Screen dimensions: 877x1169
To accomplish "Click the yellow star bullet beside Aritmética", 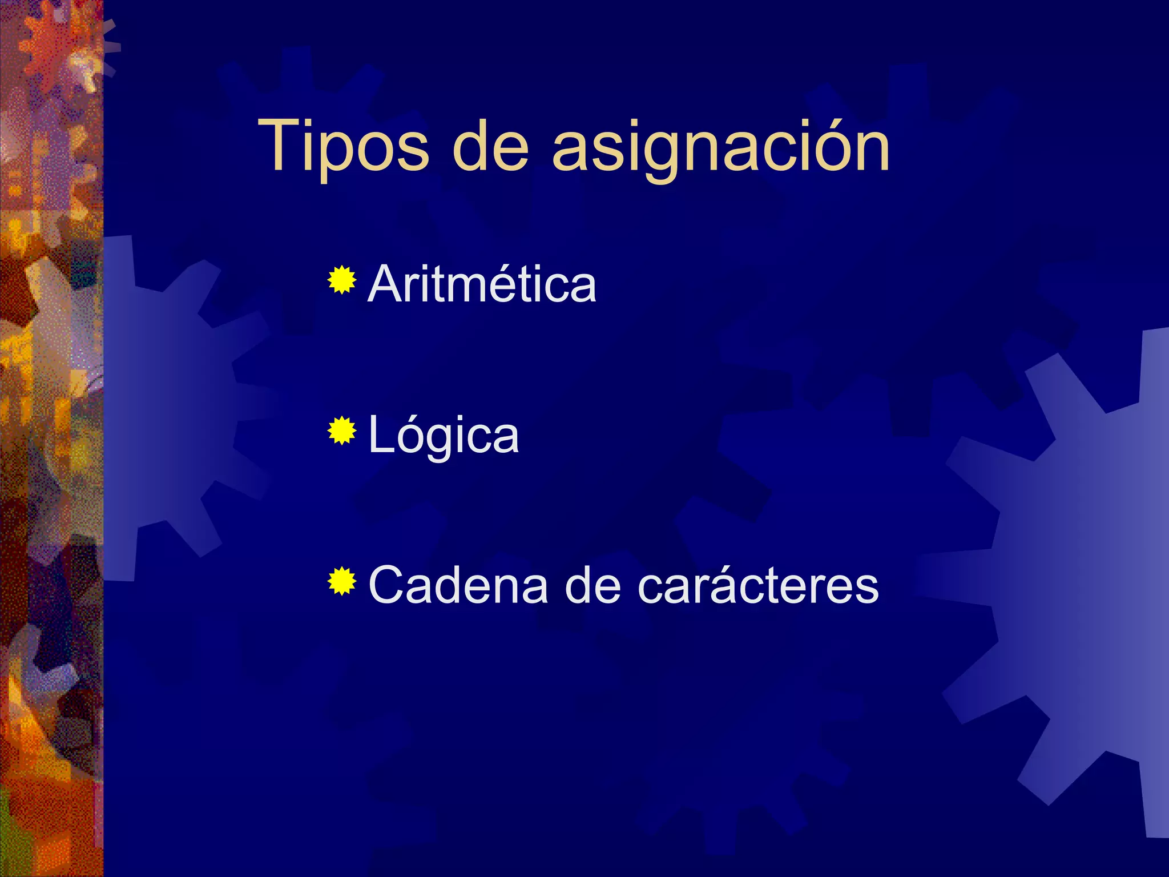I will [342, 280].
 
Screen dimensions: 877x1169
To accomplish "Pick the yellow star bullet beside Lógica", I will [342, 431].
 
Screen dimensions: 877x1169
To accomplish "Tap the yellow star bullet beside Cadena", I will [342, 582].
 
